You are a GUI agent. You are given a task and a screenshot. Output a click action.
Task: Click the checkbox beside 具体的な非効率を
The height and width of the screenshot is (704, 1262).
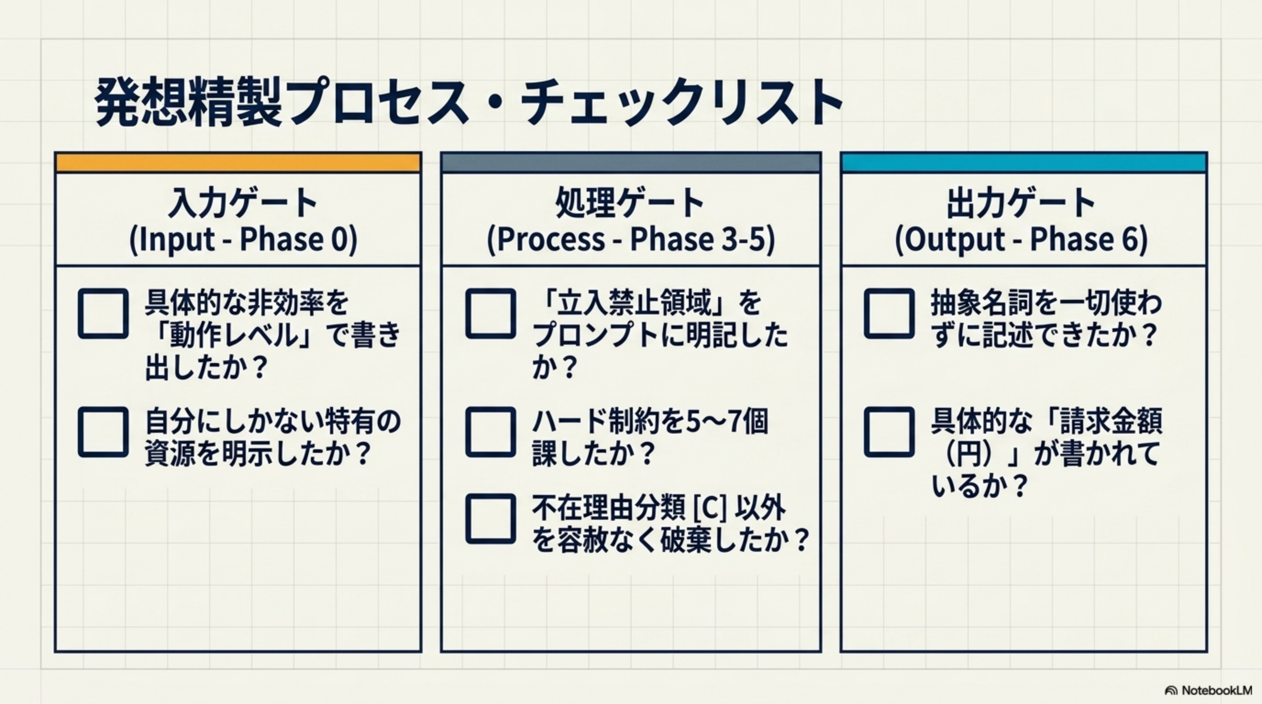pyautogui.click(x=103, y=313)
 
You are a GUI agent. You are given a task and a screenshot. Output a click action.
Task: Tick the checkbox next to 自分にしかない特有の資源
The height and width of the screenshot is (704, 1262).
pyautogui.click(x=103, y=432)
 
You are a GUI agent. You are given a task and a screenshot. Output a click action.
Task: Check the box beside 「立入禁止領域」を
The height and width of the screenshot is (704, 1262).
pyautogui.click(x=490, y=313)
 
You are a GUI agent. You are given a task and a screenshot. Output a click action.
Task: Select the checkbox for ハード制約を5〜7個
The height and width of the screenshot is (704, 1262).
pyautogui.click(x=490, y=432)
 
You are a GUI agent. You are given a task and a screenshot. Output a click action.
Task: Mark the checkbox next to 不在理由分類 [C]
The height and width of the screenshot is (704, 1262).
pyautogui.click(x=490, y=518)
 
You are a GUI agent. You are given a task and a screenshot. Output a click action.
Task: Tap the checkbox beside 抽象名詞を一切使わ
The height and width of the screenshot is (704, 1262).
pyautogui.click(x=889, y=313)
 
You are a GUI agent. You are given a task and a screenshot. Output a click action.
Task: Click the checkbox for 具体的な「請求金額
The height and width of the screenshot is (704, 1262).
pyautogui.click(x=889, y=432)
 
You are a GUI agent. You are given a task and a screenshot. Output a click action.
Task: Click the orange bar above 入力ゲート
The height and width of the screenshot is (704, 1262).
pyautogui.click(x=238, y=163)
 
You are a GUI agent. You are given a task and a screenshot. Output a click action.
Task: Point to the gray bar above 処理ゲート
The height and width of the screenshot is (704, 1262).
pyautogui.click(x=631, y=163)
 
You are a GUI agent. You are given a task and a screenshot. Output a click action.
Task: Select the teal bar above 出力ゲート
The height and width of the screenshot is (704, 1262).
pyautogui.click(x=1024, y=163)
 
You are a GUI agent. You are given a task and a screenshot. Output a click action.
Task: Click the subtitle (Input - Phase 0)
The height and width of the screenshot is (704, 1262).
pyautogui.click(x=243, y=239)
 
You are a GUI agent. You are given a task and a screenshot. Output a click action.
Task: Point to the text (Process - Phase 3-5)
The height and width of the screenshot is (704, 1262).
pyautogui.click(x=631, y=239)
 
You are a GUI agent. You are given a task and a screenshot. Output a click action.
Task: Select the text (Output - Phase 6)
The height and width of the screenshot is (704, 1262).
pyautogui.click(x=1021, y=239)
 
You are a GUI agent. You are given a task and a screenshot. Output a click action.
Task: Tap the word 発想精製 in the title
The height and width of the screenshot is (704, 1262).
pyautogui.click(x=188, y=102)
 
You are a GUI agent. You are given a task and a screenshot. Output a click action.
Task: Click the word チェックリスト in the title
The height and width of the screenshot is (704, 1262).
pyautogui.click(x=681, y=103)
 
